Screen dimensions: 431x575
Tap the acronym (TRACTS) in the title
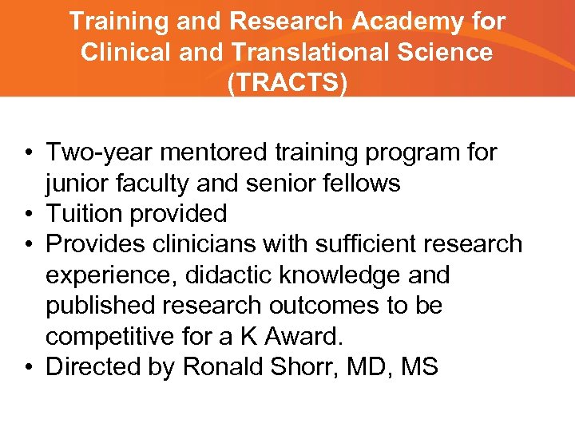click(287, 83)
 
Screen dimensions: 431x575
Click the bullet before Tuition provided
click(28, 214)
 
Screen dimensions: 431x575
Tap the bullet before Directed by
click(28, 367)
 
